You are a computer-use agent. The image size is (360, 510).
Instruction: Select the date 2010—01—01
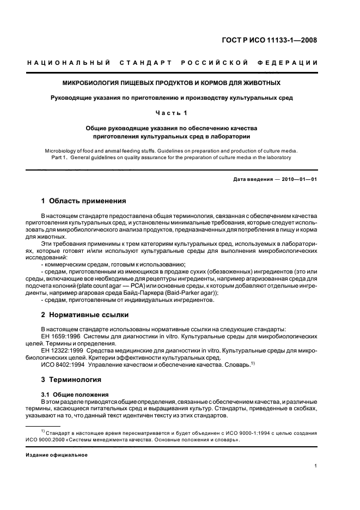pyautogui.click(x=298, y=179)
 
